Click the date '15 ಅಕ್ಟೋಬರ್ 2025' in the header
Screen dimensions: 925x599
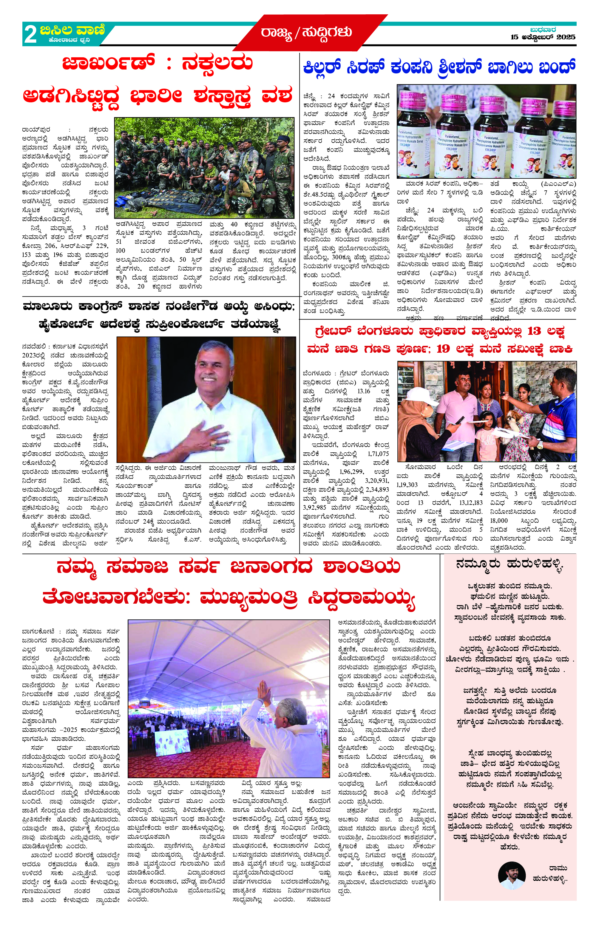(x=542, y=37)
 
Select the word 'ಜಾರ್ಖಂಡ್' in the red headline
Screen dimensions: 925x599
(x=109, y=63)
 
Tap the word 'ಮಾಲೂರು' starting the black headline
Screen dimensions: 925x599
(x=47, y=307)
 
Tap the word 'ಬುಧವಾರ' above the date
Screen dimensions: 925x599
(x=543, y=30)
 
